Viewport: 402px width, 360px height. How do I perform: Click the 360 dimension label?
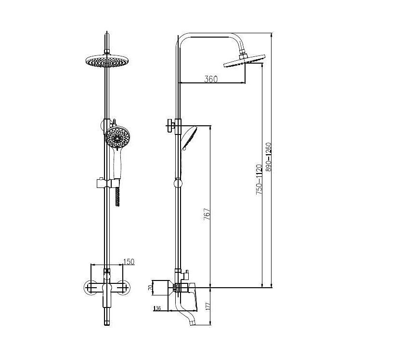[211, 79]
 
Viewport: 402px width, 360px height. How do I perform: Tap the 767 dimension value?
[207, 214]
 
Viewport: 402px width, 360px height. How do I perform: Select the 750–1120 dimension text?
[259, 179]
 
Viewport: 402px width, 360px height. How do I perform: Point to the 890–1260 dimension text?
[269, 157]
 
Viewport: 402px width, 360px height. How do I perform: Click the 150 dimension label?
[129, 262]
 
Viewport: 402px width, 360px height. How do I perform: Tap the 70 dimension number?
[150, 288]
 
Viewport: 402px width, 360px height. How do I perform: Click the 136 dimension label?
[157, 308]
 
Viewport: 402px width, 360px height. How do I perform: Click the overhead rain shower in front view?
[107, 61]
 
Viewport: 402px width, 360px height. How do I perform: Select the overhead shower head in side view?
[244, 61]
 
